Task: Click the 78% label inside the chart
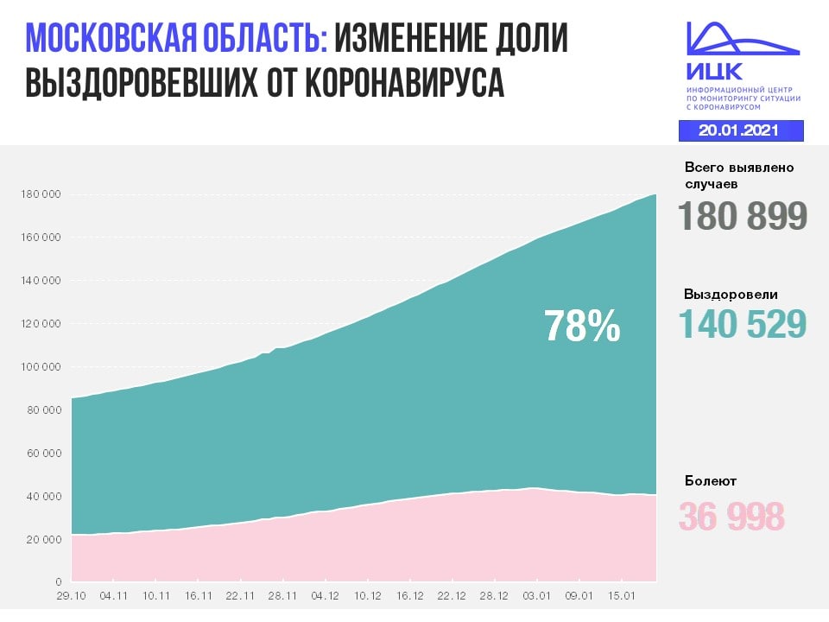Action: (x=582, y=327)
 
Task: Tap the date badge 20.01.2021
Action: (x=740, y=130)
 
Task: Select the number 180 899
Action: (x=742, y=216)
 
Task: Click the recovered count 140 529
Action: (x=742, y=323)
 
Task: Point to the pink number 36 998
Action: (x=731, y=517)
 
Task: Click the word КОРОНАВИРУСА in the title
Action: (x=402, y=84)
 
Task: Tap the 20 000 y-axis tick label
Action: (x=41, y=540)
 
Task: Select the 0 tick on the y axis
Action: (x=58, y=582)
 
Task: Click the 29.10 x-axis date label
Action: (x=71, y=595)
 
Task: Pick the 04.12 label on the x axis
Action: (x=325, y=595)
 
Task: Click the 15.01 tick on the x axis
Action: (x=622, y=595)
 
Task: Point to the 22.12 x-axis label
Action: (x=452, y=595)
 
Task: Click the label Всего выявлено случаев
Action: (x=738, y=175)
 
